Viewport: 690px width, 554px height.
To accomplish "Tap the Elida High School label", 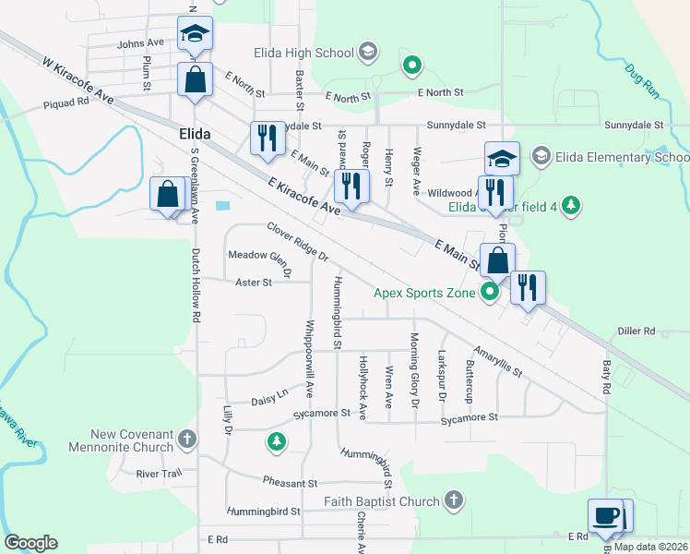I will click(308, 53).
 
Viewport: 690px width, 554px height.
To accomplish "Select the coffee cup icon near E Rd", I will click(606, 516).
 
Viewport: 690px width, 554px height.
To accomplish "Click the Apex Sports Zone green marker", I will click(490, 294).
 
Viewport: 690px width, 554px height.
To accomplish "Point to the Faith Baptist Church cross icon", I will click(452, 501).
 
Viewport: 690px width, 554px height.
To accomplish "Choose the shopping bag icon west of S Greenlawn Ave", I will click(167, 195).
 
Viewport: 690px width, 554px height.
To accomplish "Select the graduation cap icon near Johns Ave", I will click(195, 34).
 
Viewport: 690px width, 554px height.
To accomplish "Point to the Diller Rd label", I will click(636, 331).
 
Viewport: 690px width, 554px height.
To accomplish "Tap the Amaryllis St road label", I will click(498, 361).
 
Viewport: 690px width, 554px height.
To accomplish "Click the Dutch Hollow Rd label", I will click(196, 284).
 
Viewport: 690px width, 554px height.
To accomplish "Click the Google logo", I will click(30, 543).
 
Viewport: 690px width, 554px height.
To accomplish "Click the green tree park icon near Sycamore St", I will click(275, 442).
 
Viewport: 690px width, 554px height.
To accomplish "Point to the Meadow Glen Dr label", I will click(260, 262).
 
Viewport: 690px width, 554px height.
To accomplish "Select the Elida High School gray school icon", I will click(368, 51).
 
